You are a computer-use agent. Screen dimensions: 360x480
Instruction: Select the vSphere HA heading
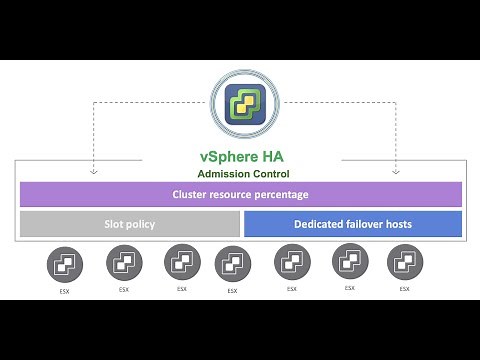pyautogui.click(x=240, y=157)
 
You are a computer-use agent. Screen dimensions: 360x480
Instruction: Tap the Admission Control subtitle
pyautogui.click(x=240, y=174)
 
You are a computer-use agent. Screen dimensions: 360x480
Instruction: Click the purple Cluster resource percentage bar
pyautogui.click(x=240, y=194)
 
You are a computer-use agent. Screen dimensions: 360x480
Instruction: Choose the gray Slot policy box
pyautogui.click(x=129, y=224)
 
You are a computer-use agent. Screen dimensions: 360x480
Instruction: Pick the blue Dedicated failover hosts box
pyautogui.click(x=352, y=224)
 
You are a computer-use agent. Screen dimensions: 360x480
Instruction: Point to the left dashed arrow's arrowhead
pyautogui.click(x=93, y=171)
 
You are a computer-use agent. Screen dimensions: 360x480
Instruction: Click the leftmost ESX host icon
pyautogui.click(x=65, y=265)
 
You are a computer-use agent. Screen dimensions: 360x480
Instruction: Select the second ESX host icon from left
pyautogui.click(x=124, y=264)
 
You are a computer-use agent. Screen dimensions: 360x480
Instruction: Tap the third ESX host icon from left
pyautogui.click(x=182, y=263)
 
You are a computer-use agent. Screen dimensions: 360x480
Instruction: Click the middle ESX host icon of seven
pyautogui.click(x=233, y=265)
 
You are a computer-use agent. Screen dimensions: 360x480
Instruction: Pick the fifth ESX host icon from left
pyautogui.click(x=292, y=264)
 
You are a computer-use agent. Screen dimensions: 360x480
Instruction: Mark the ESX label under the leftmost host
pyautogui.click(x=65, y=291)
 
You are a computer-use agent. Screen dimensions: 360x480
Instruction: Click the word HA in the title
pyautogui.click(x=276, y=157)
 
